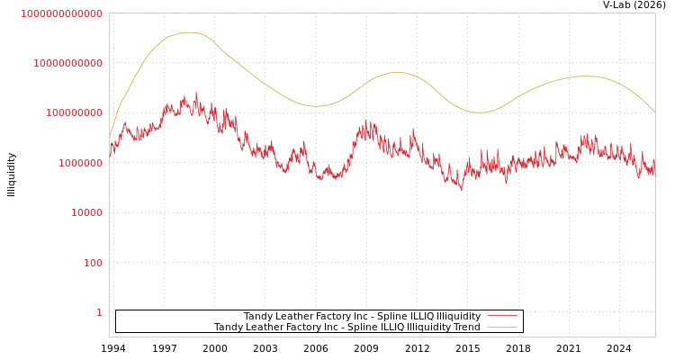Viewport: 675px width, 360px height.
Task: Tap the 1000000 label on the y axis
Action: coord(80,163)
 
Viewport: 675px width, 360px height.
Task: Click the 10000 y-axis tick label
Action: coord(86,213)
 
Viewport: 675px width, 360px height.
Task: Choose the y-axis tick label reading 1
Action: coord(99,312)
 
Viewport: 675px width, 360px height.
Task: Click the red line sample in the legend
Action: coord(502,316)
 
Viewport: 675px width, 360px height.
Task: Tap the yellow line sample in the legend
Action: coord(502,328)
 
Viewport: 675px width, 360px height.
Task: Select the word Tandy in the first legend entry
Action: coord(258,316)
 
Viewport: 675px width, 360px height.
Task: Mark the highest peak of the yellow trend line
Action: coord(190,32)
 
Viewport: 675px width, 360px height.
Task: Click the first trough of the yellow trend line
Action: coord(315,106)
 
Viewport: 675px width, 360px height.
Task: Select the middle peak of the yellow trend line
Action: coord(398,72)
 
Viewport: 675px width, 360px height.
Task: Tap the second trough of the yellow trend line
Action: coord(480,112)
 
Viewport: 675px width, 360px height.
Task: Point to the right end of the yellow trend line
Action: coord(654,112)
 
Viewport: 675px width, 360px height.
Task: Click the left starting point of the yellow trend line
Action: coord(110,138)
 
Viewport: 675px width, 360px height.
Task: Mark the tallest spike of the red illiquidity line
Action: coord(196,92)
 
